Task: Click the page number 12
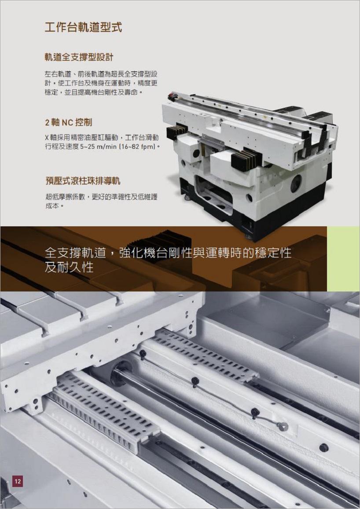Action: coord(18,481)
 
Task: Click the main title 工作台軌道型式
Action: coord(83,27)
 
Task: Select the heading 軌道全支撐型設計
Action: coord(79,57)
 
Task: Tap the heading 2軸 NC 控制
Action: coord(68,122)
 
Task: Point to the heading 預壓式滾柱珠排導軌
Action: coord(83,181)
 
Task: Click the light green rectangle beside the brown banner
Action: coord(343,259)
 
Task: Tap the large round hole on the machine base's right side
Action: coord(296,184)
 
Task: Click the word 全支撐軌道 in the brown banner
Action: coord(75,253)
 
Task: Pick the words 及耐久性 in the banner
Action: coord(69,267)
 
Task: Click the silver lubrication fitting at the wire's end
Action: coord(283,426)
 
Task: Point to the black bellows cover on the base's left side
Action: coord(177,132)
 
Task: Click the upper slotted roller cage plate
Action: coord(204,354)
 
